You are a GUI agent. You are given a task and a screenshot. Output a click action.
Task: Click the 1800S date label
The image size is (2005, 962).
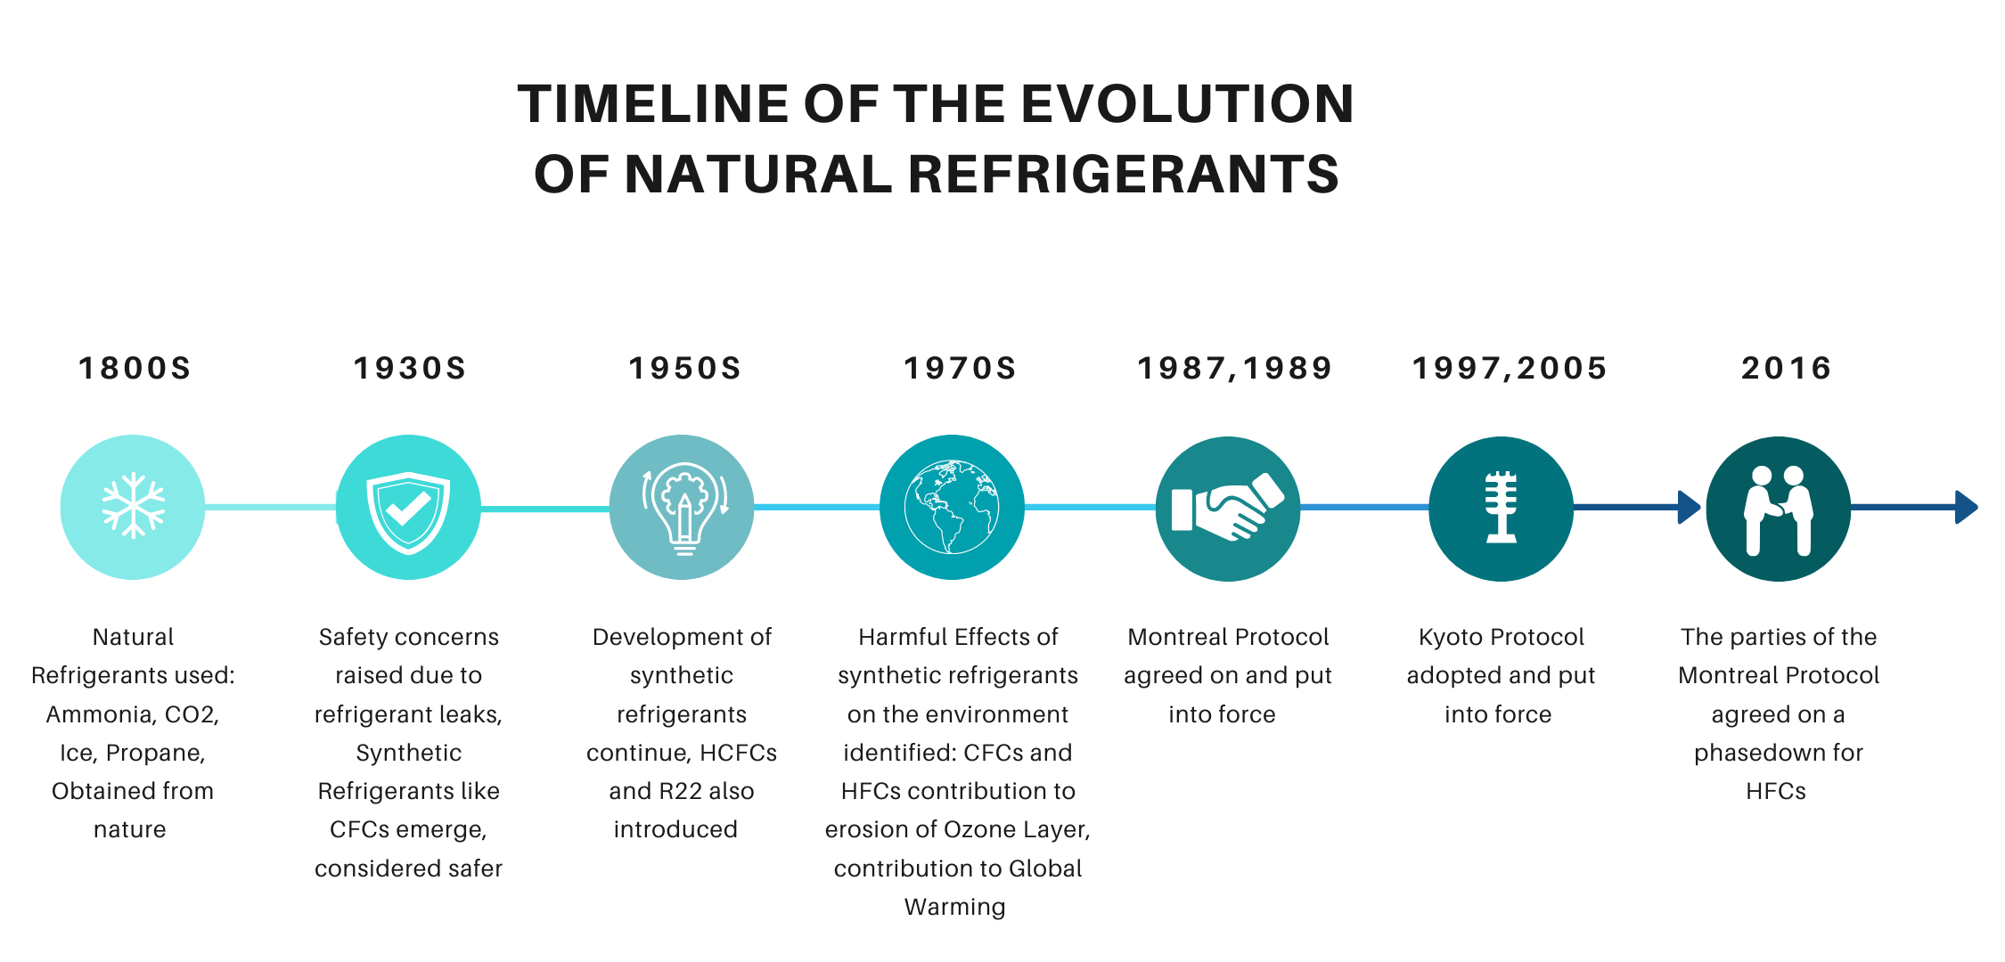click(135, 368)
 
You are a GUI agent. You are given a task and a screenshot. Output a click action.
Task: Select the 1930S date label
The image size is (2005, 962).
click(410, 368)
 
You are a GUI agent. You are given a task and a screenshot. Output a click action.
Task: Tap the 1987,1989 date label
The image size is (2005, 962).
click(1235, 368)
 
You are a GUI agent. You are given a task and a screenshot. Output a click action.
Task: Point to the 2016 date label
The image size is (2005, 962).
click(1787, 368)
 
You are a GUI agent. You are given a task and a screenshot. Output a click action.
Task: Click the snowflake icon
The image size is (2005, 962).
click(134, 506)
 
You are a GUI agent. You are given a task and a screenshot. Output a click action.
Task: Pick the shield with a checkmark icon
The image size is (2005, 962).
click(408, 511)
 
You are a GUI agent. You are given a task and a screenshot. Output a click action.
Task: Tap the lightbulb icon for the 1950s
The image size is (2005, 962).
click(684, 509)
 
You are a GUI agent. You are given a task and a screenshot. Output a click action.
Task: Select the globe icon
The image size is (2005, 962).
click(952, 507)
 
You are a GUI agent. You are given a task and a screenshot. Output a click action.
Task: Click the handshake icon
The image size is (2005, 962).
click(1228, 507)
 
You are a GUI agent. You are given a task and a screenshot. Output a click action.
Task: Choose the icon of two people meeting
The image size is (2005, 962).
click(1779, 510)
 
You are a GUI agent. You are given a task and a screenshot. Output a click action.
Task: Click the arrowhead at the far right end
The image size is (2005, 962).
click(1967, 507)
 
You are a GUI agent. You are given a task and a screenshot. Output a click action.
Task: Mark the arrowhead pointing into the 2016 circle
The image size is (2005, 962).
click(1690, 507)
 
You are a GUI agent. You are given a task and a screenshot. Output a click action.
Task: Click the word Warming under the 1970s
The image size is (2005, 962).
click(954, 908)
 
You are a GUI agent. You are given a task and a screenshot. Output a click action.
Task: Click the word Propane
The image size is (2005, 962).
click(155, 754)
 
